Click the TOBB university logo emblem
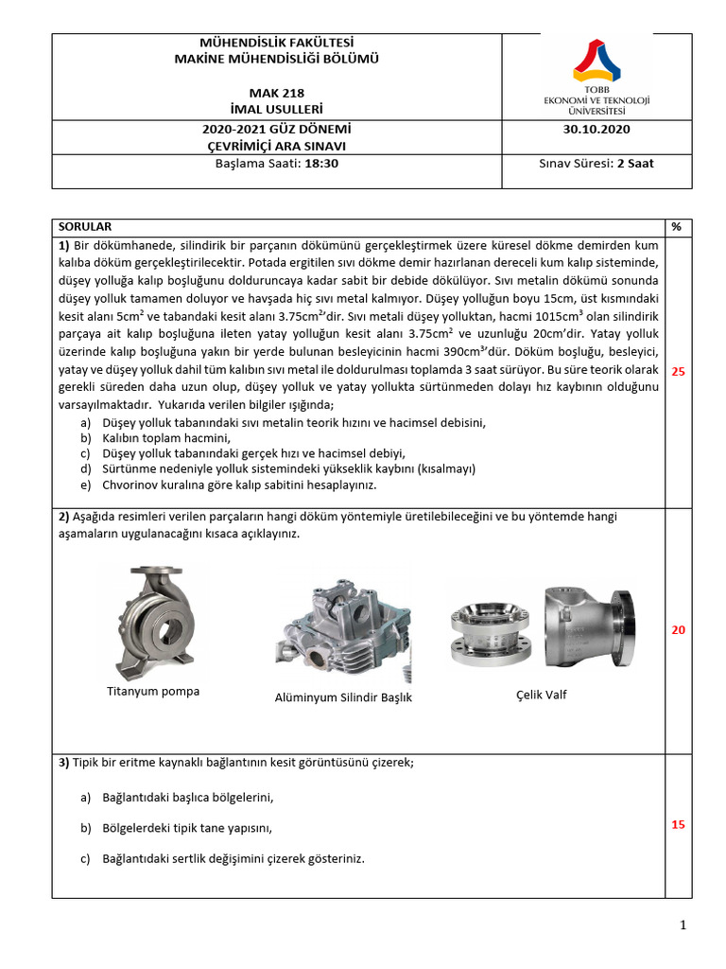596,61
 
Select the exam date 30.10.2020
596,130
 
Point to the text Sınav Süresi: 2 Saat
596,163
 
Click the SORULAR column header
85,227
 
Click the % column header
676,227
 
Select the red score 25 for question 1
677,372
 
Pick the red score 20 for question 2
677,630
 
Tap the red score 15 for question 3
677,825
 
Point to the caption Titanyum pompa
153,691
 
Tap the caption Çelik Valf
541,695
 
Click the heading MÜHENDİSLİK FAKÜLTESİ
276,44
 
